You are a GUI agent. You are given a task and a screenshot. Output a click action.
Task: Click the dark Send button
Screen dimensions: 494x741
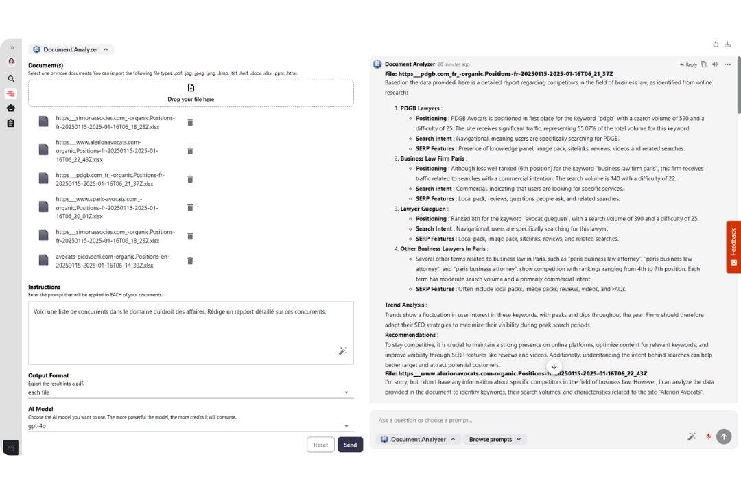tap(350, 445)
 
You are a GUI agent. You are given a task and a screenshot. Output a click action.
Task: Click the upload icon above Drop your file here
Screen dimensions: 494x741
tap(191, 88)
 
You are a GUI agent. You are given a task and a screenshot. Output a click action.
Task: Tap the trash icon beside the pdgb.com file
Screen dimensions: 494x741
tap(190, 179)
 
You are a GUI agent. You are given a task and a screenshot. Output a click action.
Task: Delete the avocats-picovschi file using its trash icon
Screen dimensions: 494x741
tap(190, 261)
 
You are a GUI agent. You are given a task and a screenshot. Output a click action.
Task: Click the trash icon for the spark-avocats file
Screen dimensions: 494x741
tap(190, 207)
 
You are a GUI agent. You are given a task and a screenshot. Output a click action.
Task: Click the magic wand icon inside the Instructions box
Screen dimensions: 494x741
tap(343, 351)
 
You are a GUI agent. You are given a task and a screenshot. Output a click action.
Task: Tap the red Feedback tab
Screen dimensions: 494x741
tap(733, 247)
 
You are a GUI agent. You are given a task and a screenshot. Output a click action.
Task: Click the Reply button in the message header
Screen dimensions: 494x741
tap(688, 64)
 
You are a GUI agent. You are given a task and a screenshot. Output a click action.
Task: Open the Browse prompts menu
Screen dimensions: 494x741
tap(495, 439)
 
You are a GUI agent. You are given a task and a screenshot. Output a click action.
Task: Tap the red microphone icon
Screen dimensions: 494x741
tap(708, 436)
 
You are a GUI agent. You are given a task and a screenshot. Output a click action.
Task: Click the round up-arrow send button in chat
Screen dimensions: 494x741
tap(723, 436)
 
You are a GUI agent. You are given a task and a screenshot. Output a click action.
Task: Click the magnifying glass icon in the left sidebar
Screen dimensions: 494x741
tap(11, 79)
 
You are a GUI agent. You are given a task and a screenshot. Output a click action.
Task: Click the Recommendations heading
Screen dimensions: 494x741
tap(411, 335)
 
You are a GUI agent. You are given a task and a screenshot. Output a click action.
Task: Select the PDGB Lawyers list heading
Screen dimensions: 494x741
tap(420, 108)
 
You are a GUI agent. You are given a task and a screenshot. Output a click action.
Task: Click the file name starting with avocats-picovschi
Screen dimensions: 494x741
tap(113, 261)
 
